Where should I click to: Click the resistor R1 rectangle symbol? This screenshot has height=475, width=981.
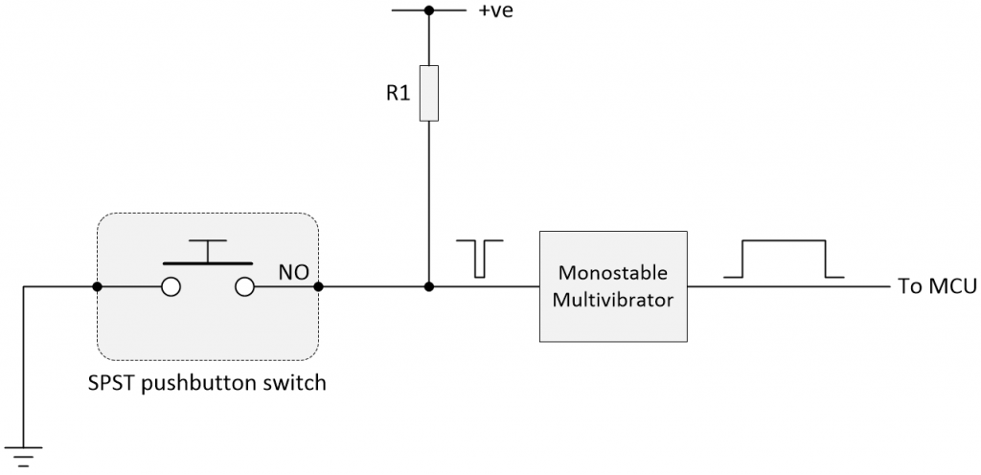[x=429, y=94]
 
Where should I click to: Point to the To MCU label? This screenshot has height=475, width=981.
[x=936, y=286]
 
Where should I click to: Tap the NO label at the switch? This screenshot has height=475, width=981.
[x=292, y=273]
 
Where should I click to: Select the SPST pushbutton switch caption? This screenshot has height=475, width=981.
[x=206, y=384]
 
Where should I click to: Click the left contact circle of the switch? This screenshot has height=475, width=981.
[x=171, y=286]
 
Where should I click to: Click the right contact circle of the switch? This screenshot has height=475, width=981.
[x=244, y=286]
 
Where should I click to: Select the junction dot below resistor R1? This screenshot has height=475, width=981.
[x=429, y=286]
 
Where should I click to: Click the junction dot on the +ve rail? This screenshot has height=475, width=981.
[x=429, y=11]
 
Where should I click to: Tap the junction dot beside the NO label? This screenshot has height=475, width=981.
[x=318, y=286]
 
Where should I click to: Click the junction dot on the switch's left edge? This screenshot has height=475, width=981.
[x=97, y=286]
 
